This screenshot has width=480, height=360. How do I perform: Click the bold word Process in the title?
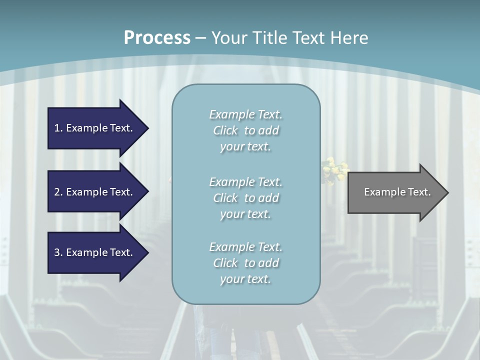coord(157,38)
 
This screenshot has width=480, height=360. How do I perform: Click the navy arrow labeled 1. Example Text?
coord(95,128)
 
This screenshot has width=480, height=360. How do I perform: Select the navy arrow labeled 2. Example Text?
coord(95,192)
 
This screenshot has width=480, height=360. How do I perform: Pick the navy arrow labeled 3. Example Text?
coord(95,252)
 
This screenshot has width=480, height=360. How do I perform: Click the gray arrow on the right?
coord(395,192)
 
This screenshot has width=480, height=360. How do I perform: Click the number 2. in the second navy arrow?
coord(58,192)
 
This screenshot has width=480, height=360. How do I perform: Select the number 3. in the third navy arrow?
coord(58,252)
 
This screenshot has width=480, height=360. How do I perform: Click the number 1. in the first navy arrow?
coord(58,128)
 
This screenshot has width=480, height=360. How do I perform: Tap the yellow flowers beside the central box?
coord(335,169)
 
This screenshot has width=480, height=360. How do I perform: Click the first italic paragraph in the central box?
coord(245,130)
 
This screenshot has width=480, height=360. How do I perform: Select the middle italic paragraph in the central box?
coord(245,198)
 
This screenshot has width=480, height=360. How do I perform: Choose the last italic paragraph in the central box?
coord(245,263)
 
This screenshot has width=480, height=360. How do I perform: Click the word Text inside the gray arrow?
coord(419,192)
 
